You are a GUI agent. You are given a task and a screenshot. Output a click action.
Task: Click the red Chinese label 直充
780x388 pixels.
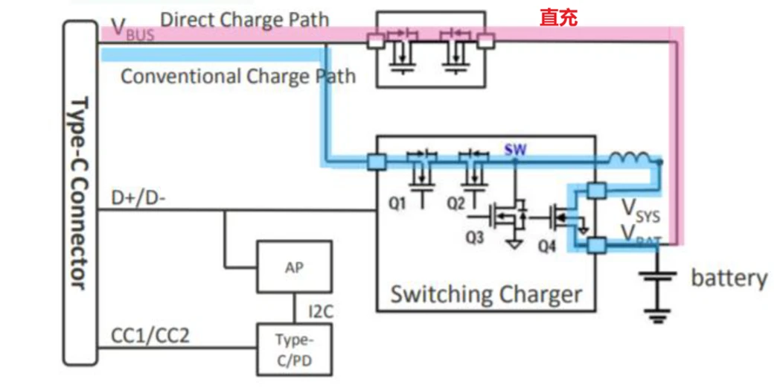[x=558, y=17]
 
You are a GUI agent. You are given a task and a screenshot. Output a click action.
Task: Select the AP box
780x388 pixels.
[x=294, y=267]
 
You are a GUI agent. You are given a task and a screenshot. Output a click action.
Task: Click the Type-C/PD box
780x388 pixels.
[x=294, y=349]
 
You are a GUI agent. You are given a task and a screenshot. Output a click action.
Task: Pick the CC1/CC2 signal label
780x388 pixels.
[x=150, y=335]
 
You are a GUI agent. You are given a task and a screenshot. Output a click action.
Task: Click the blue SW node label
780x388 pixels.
[x=514, y=150]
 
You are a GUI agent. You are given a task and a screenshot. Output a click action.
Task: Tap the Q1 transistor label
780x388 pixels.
[x=398, y=201]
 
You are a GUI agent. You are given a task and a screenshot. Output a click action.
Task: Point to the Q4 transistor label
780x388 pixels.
[x=546, y=246]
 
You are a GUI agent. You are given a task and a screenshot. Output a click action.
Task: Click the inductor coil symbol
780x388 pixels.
[x=631, y=159]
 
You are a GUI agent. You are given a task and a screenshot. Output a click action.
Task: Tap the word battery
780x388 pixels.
[x=729, y=279]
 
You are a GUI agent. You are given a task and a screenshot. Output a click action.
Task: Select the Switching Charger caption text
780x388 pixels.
[x=486, y=294]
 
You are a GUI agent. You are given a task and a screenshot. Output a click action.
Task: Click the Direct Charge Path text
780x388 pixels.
[x=244, y=19]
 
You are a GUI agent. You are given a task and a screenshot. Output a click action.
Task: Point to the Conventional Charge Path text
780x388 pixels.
[x=237, y=76]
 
